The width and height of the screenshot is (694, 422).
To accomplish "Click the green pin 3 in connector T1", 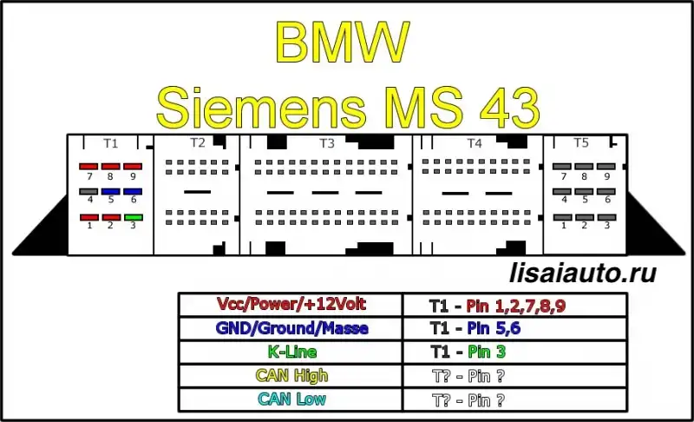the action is [134, 217].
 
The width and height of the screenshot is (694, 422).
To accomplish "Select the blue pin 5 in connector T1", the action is [111, 192].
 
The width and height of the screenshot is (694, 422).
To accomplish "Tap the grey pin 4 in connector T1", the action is [88, 192].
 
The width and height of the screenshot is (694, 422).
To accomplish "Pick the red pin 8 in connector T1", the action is [111, 167].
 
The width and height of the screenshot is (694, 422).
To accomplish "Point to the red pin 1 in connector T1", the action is [89, 217].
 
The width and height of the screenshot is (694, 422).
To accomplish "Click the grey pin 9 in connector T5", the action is [606, 167].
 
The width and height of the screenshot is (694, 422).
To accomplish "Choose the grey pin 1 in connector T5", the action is [562, 217].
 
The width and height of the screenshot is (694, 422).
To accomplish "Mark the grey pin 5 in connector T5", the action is [584, 192].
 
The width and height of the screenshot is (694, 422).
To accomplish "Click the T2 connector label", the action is [198, 142].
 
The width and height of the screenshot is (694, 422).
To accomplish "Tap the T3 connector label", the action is [327, 143].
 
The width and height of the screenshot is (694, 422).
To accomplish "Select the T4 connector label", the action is [475, 143].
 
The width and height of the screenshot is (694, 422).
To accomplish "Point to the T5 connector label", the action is [581, 142].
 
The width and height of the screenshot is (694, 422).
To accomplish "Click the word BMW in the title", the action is [342, 41].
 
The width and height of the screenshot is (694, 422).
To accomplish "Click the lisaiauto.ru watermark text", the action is [583, 273].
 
